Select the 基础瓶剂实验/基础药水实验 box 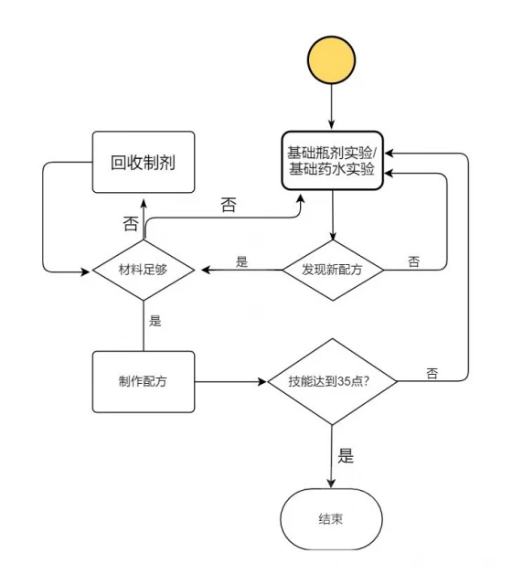point(332,162)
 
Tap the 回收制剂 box point(144,163)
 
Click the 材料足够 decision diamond point(144,270)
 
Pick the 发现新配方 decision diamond point(332,270)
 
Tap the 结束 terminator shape point(331,518)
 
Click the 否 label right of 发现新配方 point(414,261)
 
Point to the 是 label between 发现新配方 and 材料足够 point(241,261)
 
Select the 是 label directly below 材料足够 point(155,321)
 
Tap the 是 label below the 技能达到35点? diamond point(345,455)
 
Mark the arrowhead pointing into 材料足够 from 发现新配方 point(205,270)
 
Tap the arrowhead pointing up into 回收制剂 point(144,198)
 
